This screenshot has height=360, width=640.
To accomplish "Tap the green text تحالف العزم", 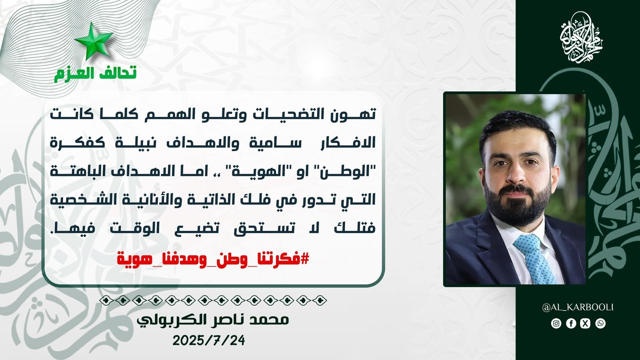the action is [95, 74].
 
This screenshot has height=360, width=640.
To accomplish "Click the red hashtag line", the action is [213, 259].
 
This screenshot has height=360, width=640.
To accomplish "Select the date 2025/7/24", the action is [209, 340].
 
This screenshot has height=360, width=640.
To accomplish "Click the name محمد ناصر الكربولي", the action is [213, 320].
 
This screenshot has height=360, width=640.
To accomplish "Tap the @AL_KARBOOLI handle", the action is [578, 308].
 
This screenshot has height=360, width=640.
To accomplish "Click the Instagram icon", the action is [556, 323].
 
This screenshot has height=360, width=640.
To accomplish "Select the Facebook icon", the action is [571, 323].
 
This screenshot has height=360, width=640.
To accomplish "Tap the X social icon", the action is [586, 323].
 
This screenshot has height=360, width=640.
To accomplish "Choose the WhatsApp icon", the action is [600, 323].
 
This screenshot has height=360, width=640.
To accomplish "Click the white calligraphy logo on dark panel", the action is [581, 38].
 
